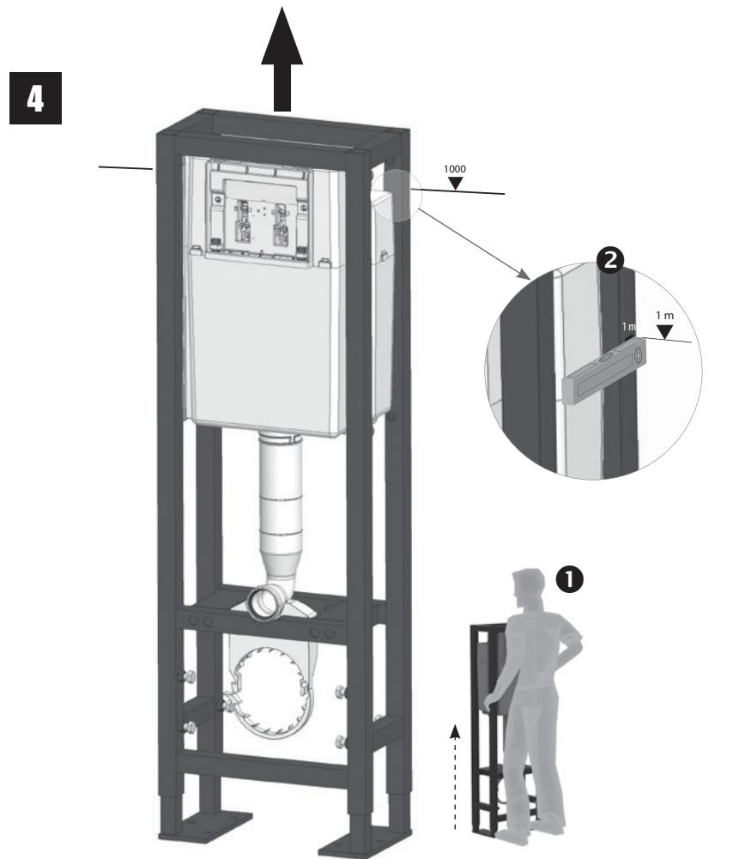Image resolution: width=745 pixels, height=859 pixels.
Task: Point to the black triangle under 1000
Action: tap(454, 182)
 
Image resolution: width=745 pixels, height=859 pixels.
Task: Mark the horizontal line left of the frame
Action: tap(124, 166)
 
